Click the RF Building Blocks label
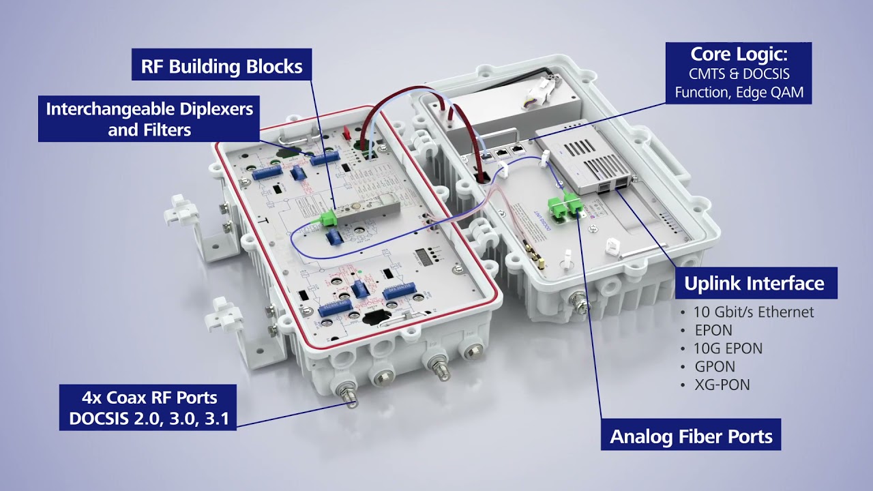click(222, 66)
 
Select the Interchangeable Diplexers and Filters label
click(149, 119)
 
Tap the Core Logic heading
click(739, 55)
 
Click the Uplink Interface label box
click(754, 283)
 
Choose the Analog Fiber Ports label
click(691, 436)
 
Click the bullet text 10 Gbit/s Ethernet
click(754, 312)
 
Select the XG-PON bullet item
click(722, 385)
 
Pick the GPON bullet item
click(714, 367)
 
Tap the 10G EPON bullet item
click(728, 348)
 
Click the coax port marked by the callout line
click(351, 395)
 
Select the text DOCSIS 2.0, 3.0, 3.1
click(153, 418)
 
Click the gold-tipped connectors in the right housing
click(533, 252)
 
